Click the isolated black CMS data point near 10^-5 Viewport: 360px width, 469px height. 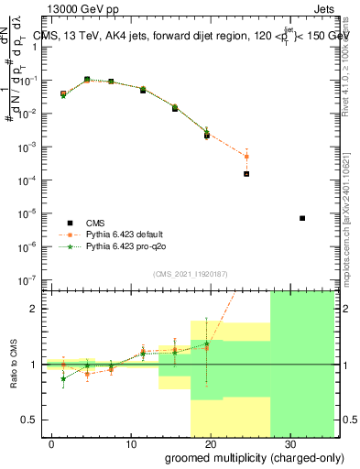(302, 218)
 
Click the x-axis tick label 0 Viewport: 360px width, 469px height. (52, 442)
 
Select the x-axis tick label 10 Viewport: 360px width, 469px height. (130, 442)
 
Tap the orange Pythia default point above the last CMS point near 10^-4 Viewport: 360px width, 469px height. (246, 157)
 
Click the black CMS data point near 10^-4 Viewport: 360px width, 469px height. (246, 173)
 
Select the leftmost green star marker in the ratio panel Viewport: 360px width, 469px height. (63, 378)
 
